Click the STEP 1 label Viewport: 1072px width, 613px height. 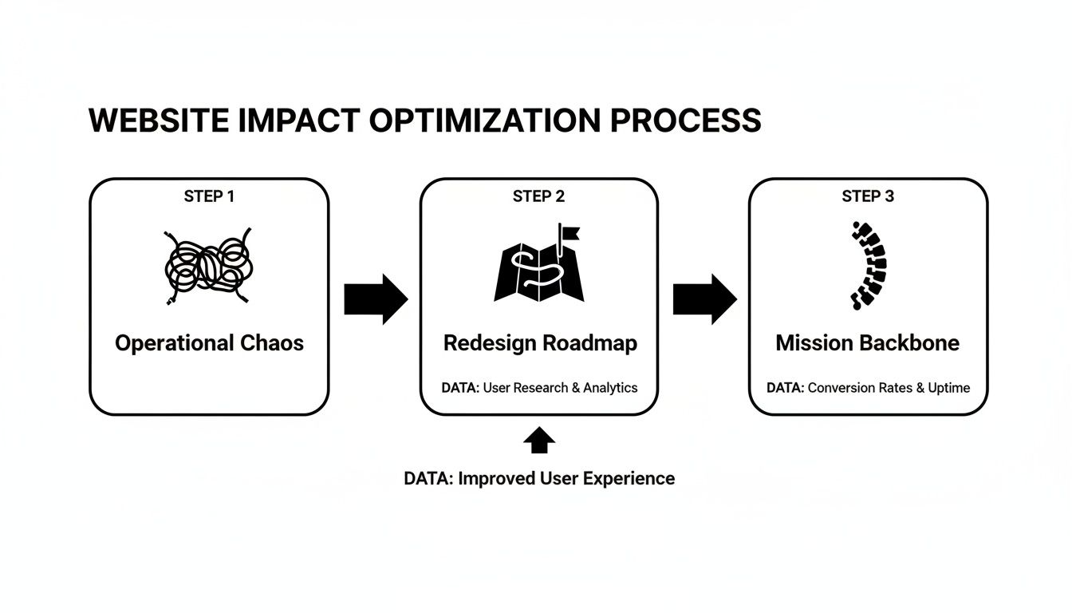209,196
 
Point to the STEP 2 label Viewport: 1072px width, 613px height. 539,196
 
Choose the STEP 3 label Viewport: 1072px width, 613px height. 868,196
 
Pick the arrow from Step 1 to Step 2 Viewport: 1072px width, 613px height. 375,299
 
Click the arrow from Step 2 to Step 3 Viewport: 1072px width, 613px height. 704,299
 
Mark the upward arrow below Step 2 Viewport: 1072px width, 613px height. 540,441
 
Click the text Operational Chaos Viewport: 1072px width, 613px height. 209,343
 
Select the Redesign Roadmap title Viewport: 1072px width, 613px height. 540,343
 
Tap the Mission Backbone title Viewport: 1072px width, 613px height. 868,343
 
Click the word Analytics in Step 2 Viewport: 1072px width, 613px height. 610,388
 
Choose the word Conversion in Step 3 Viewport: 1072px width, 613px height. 841,388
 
